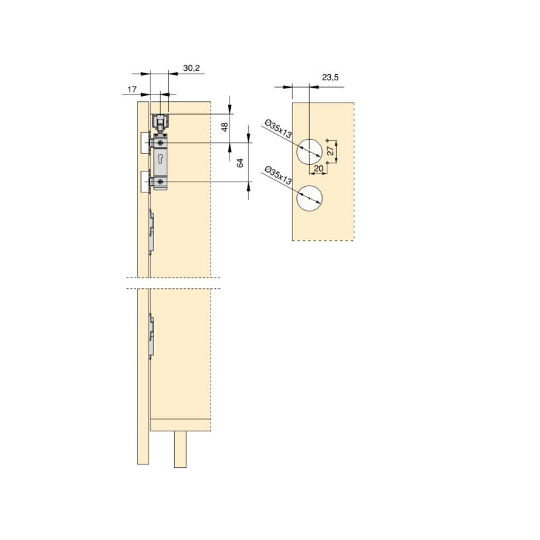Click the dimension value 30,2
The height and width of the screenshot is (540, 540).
coord(191,68)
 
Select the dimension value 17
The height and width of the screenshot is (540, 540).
coord(132,88)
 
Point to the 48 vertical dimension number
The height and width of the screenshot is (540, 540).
coord(225,126)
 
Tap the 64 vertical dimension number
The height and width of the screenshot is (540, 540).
coord(240,163)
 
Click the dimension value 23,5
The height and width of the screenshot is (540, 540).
coord(330,79)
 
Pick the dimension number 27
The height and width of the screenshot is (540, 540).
coord(329,150)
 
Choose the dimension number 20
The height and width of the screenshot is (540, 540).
coord(319,169)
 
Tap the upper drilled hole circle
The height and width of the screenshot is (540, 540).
coord(308,152)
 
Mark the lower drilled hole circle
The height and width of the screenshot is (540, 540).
coord(308,197)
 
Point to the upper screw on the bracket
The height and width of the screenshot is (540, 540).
coord(160,144)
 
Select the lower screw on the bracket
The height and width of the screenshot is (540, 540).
coord(160,182)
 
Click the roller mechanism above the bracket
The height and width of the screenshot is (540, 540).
coord(160,123)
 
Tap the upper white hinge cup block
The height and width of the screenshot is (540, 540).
coord(144,142)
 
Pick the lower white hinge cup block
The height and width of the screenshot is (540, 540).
coord(144,182)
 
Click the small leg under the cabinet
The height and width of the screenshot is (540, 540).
coord(180,449)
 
